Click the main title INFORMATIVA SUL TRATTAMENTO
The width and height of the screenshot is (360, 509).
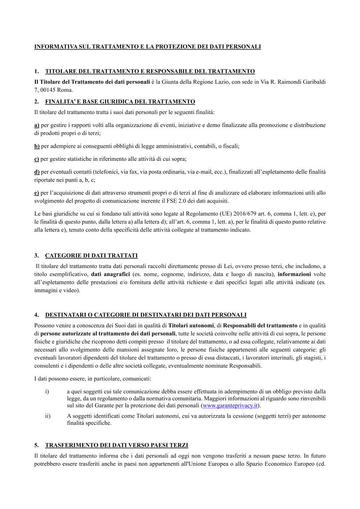click(x=148, y=46)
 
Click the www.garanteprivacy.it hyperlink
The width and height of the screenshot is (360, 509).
click(x=230, y=405)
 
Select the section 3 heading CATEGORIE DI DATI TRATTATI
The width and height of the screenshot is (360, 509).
click(x=91, y=255)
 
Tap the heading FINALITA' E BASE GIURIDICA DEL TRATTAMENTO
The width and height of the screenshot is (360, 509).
click(x=120, y=101)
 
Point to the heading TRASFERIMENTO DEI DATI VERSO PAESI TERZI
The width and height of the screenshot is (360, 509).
click(x=117, y=445)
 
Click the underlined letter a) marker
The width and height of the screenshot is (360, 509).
click(x=37, y=125)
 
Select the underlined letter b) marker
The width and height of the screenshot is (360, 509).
click(x=37, y=146)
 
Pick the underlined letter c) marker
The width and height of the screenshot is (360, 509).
click(x=36, y=159)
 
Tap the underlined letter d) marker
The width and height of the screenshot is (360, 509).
click(x=37, y=172)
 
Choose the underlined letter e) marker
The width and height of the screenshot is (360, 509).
click(x=36, y=193)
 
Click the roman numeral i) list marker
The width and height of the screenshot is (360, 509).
click(x=47, y=391)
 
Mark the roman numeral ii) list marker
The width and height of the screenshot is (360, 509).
click(x=48, y=416)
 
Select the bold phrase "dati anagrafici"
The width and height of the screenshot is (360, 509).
click(x=110, y=274)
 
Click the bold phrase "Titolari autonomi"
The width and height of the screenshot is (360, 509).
click(x=191, y=326)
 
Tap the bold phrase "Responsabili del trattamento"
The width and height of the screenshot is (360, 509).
click(x=260, y=326)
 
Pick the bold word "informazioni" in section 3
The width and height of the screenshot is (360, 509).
click(x=294, y=274)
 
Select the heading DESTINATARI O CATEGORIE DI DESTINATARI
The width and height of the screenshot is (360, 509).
click(x=146, y=315)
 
